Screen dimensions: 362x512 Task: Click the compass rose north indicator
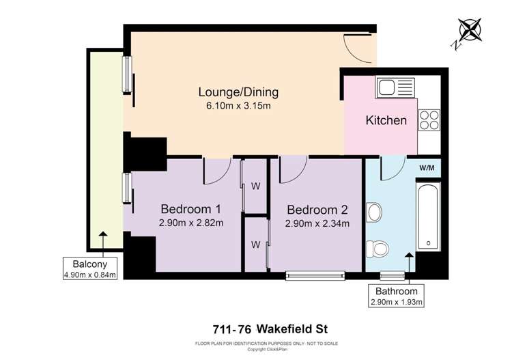pos(470,31)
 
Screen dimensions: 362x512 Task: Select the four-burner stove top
pos(429,120)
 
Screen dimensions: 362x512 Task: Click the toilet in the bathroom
pos(375,247)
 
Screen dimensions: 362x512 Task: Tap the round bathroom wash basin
pos(373,212)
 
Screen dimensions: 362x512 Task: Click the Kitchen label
pos(386,121)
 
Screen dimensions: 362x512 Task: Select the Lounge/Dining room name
pos(238,92)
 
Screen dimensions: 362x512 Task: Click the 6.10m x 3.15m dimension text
pos(238,106)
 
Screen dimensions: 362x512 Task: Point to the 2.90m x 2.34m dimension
pos(317,223)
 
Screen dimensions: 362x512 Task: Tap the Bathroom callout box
pos(396,296)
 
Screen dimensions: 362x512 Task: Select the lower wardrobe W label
pos(255,244)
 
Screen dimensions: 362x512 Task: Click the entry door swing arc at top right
pos(360,49)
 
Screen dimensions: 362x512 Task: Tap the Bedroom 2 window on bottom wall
pos(315,276)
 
